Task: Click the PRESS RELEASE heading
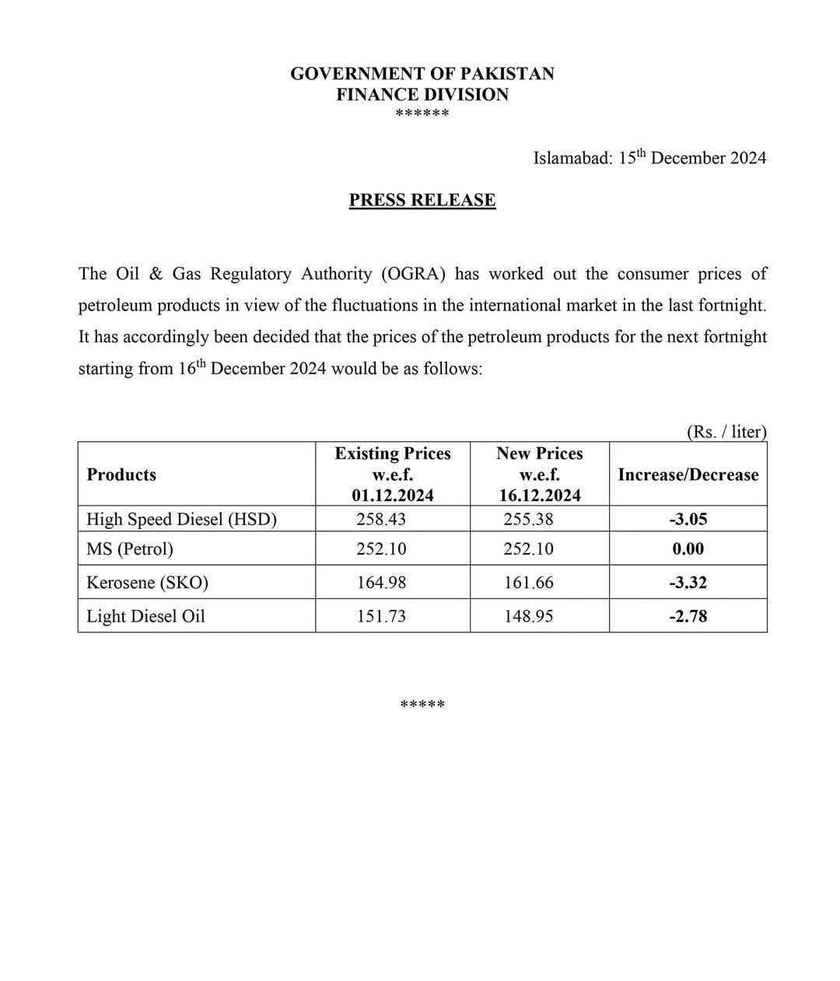(x=422, y=200)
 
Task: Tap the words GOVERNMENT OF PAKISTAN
(x=422, y=74)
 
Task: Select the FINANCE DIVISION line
(x=422, y=95)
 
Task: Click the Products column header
(x=121, y=475)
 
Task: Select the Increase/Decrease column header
(x=688, y=475)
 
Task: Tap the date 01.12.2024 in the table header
(x=392, y=496)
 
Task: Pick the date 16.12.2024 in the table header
(x=539, y=496)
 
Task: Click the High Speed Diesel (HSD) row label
(x=181, y=519)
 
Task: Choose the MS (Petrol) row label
(x=130, y=549)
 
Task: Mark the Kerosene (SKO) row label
(x=147, y=583)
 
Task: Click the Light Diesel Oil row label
(x=145, y=616)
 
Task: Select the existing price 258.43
(x=381, y=519)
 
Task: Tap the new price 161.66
(x=529, y=583)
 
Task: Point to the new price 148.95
(x=529, y=616)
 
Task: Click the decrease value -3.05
(x=688, y=519)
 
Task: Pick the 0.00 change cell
(x=688, y=549)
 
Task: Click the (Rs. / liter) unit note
(x=726, y=432)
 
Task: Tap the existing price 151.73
(x=381, y=616)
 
